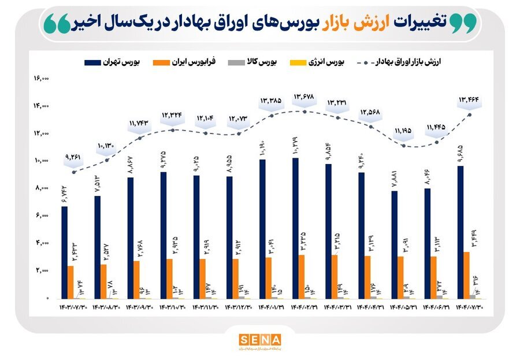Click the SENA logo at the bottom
coord(259,341)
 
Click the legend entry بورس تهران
coord(116,61)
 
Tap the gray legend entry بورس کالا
coord(263,61)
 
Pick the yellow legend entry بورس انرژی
coord(326,61)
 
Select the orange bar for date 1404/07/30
coord(466,275)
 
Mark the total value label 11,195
coord(403,131)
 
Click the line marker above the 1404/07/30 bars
coord(470,114)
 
